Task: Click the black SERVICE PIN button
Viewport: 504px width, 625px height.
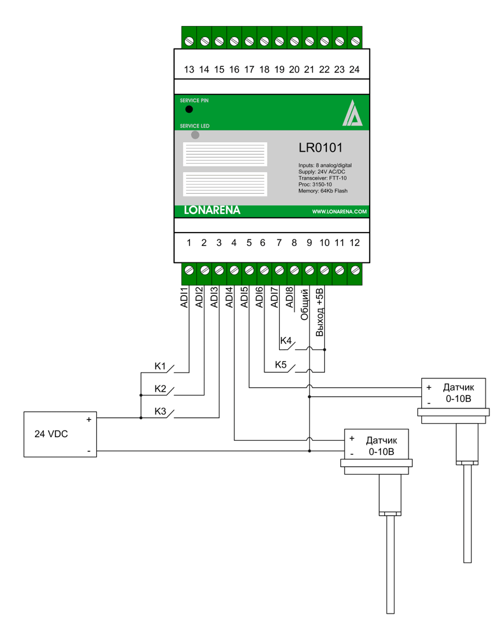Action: coord(189,110)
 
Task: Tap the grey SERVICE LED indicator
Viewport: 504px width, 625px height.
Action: coord(195,135)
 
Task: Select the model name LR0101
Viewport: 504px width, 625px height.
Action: coord(320,148)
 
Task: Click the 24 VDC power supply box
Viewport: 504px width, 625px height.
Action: coord(60,435)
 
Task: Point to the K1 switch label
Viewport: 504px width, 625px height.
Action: coord(161,366)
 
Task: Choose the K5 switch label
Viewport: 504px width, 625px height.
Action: coord(281,365)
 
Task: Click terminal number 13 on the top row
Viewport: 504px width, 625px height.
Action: coord(189,69)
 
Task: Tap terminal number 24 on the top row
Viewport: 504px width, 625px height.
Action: coord(354,69)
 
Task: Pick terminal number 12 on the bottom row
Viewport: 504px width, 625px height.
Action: coord(354,243)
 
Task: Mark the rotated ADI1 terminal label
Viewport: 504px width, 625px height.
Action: coord(184,298)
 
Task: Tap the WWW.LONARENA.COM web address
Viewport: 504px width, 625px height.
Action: coord(339,212)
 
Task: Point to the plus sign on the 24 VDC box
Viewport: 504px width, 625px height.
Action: coord(89,420)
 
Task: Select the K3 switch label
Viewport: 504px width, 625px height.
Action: coord(161,412)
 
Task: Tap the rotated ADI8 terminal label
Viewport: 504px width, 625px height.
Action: coord(290,298)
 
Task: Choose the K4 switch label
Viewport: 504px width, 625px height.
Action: coord(286,342)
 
